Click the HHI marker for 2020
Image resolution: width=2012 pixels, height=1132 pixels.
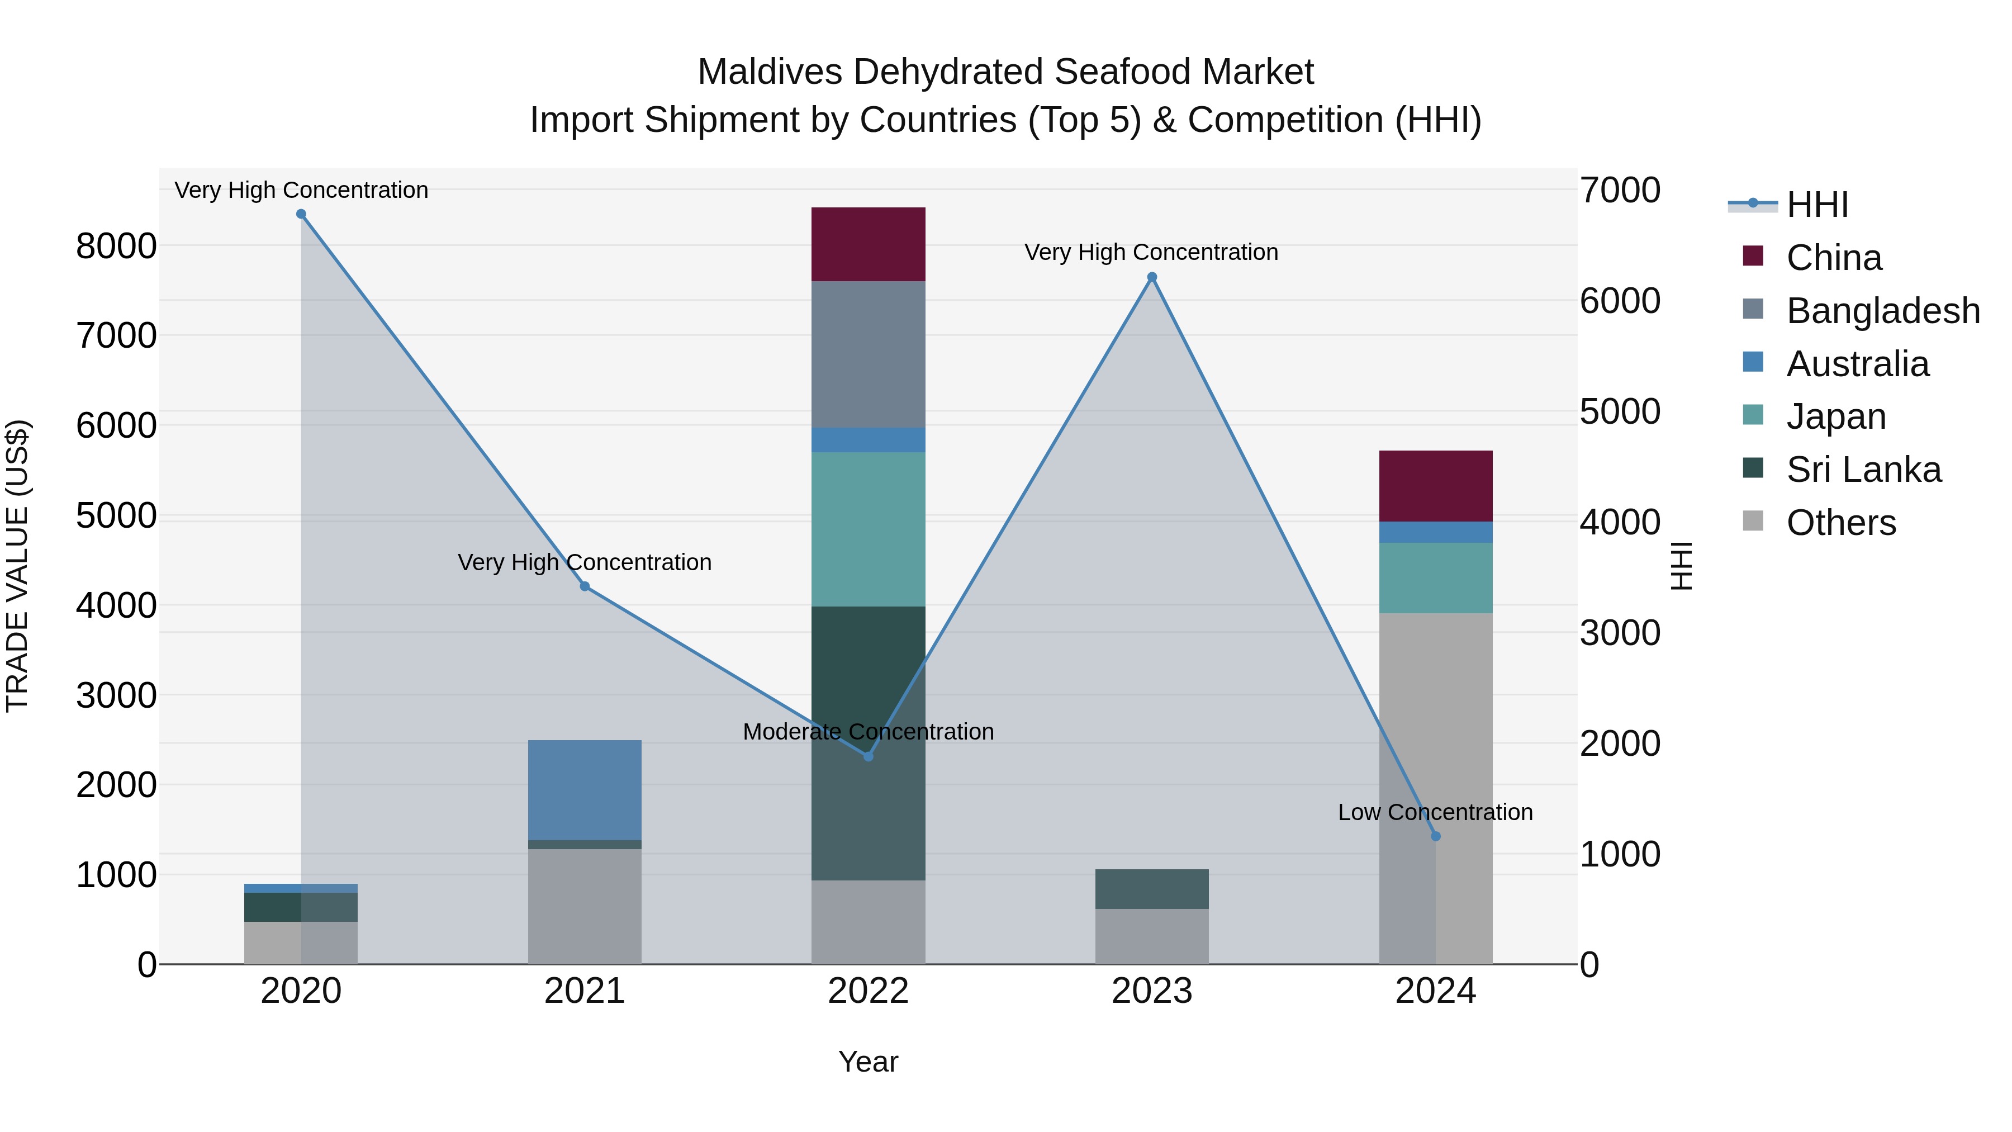click(301, 214)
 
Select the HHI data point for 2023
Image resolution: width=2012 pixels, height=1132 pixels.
click(1151, 277)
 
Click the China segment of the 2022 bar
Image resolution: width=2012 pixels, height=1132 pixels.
click(868, 244)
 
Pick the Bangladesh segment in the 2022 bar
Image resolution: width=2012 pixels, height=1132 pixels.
click(868, 354)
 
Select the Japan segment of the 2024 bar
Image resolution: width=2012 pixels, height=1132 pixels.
click(1436, 578)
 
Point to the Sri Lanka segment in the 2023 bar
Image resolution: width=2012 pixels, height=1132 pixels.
click(1151, 888)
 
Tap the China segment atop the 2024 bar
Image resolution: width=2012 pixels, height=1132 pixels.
click(1436, 486)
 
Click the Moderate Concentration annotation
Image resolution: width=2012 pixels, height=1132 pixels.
click(868, 732)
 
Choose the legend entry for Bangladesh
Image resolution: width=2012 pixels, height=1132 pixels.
click(1882, 311)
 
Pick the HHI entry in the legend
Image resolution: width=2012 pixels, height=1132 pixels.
click(1817, 205)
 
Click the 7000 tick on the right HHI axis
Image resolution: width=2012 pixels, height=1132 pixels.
click(1620, 191)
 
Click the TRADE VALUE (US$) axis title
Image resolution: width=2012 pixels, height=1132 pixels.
click(17, 566)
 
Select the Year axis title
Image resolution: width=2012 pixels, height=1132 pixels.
click(868, 1062)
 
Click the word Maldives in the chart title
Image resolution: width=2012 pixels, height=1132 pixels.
click(770, 72)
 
